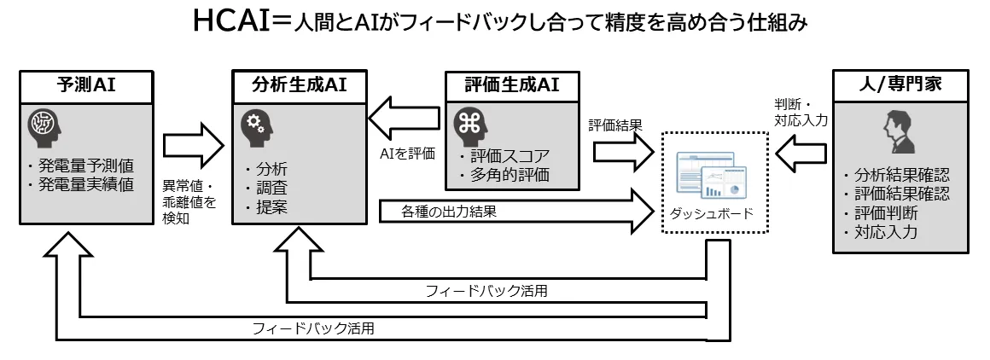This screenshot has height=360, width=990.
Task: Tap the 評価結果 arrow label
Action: click(x=614, y=125)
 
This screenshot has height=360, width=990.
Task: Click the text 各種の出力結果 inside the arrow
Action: click(x=449, y=211)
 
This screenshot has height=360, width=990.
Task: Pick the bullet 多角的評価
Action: click(x=508, y=176)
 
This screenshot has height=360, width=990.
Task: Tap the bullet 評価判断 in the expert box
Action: click(x=883, y=212)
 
